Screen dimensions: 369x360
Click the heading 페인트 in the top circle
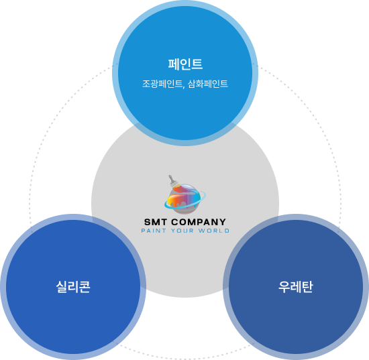click(x=185, y=64)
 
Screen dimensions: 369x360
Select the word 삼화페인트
click(x=208, y=84)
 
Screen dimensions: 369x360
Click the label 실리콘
click(x=73, y=287)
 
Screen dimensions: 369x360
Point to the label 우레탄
click(x=296, y=287)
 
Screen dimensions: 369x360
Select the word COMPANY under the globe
click(x=199, y=222)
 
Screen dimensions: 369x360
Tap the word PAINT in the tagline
click(x=154, y=231)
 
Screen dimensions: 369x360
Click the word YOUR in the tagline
click(x=182, y=231)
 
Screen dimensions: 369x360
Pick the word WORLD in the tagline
click(x=213, y=231)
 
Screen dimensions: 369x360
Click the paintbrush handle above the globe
click(x=172, y=180)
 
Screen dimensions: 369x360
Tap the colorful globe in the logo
click(x=184, y=199)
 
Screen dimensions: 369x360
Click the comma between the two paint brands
click(x=183, y=87)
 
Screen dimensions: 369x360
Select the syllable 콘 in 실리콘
click(x=85, y=287)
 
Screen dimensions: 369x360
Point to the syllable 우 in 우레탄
click(x=284, y=287)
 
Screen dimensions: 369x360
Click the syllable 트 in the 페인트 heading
click(x=197, y=64)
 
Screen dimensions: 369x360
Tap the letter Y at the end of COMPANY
click(x=223, y=222)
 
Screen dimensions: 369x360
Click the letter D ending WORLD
click(x=227, y=231)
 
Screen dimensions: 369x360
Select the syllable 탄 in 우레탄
click(x=307, y=287)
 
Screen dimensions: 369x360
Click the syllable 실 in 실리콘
click(x=62, y=287)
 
